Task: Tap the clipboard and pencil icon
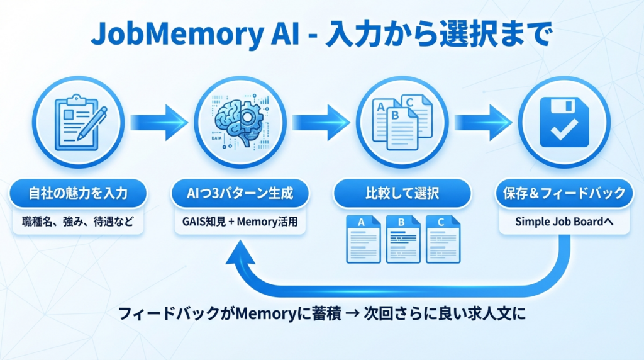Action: tap(77, 121)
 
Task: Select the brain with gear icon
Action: tap(240, 121)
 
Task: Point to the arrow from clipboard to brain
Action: tap(158, 121)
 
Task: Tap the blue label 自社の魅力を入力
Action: tap(78, 193)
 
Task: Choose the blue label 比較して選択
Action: tap(402, 193)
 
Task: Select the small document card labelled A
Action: tap(364, 239)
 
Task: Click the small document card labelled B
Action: tap(402, 239)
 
